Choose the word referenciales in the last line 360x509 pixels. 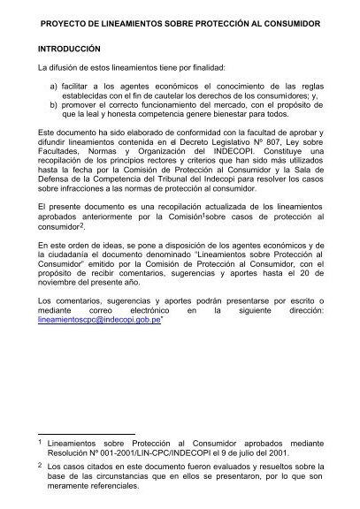click(x=112, y=496)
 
